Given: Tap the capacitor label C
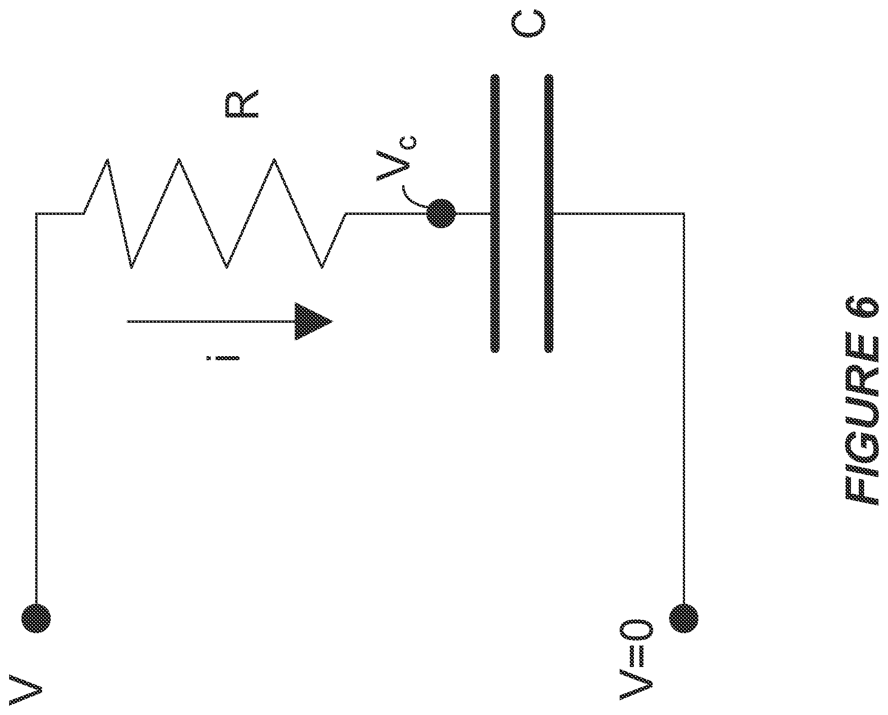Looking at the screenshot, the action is [528, 26].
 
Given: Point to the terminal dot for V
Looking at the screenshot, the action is [36, 619].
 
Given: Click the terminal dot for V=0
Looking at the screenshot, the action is [684, 619].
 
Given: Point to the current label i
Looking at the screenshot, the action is [222, 358].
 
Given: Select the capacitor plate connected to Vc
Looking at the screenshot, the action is [495, 213].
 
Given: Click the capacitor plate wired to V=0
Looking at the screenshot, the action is [549, 213].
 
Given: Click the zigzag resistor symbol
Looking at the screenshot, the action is [214, 213].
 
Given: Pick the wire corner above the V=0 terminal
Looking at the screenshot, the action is [684, 213].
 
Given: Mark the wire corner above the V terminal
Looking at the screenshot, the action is [36, 213].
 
